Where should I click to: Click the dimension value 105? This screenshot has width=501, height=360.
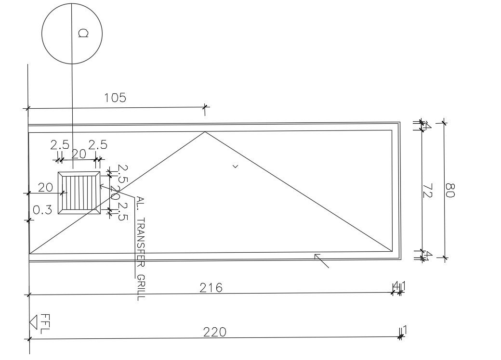115,98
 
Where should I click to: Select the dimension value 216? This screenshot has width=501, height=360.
211,287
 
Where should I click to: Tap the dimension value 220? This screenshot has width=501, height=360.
214,332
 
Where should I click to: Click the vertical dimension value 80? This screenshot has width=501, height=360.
449,190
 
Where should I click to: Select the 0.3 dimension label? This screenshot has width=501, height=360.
42,209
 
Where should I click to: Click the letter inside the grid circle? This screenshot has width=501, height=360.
83,33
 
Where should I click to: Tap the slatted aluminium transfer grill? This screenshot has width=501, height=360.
79,193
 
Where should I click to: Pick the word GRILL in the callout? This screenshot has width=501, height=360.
140,287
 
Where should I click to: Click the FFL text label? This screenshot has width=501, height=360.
45,323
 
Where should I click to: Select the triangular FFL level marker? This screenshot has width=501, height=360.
33,321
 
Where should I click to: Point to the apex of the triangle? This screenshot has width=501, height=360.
205,132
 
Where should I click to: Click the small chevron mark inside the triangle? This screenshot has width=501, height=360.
235,167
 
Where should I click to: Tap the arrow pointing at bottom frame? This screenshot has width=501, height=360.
321,260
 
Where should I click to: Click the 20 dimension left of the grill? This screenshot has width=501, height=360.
45,187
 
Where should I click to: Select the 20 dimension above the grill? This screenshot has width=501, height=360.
79,154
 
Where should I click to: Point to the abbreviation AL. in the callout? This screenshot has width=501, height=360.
140,203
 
